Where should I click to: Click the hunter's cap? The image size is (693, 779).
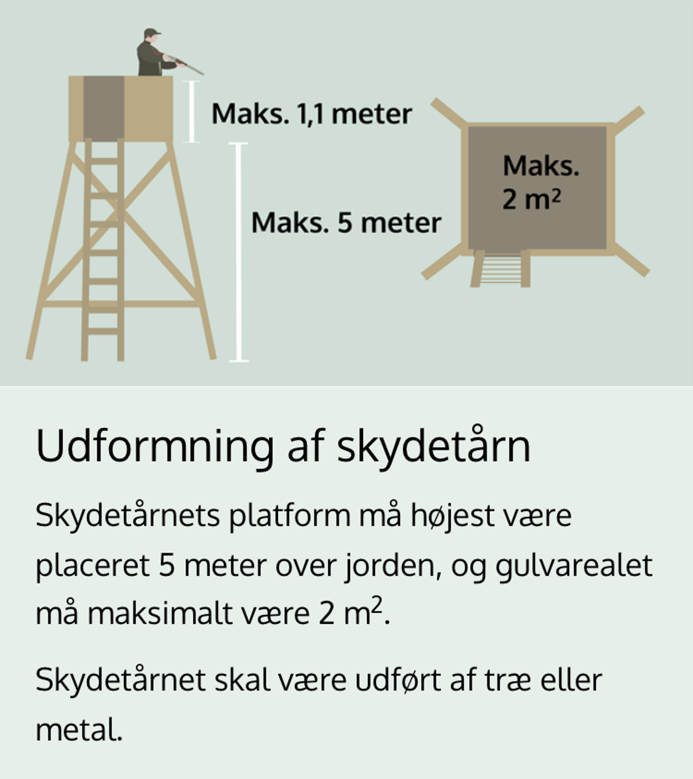[x=152, y=33]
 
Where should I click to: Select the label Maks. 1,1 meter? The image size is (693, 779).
[x=311, y=114]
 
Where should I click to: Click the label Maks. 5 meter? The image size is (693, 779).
[x=346, y=223]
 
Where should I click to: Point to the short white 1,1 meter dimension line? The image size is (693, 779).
[x=192, y=112]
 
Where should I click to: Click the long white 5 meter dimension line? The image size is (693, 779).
[x=239, y=251]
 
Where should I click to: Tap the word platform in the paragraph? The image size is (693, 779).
[x=290, y=516]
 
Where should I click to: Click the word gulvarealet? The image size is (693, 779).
[x=574, y=566]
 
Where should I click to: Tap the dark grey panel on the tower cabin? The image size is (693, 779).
[x=104, y=109]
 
